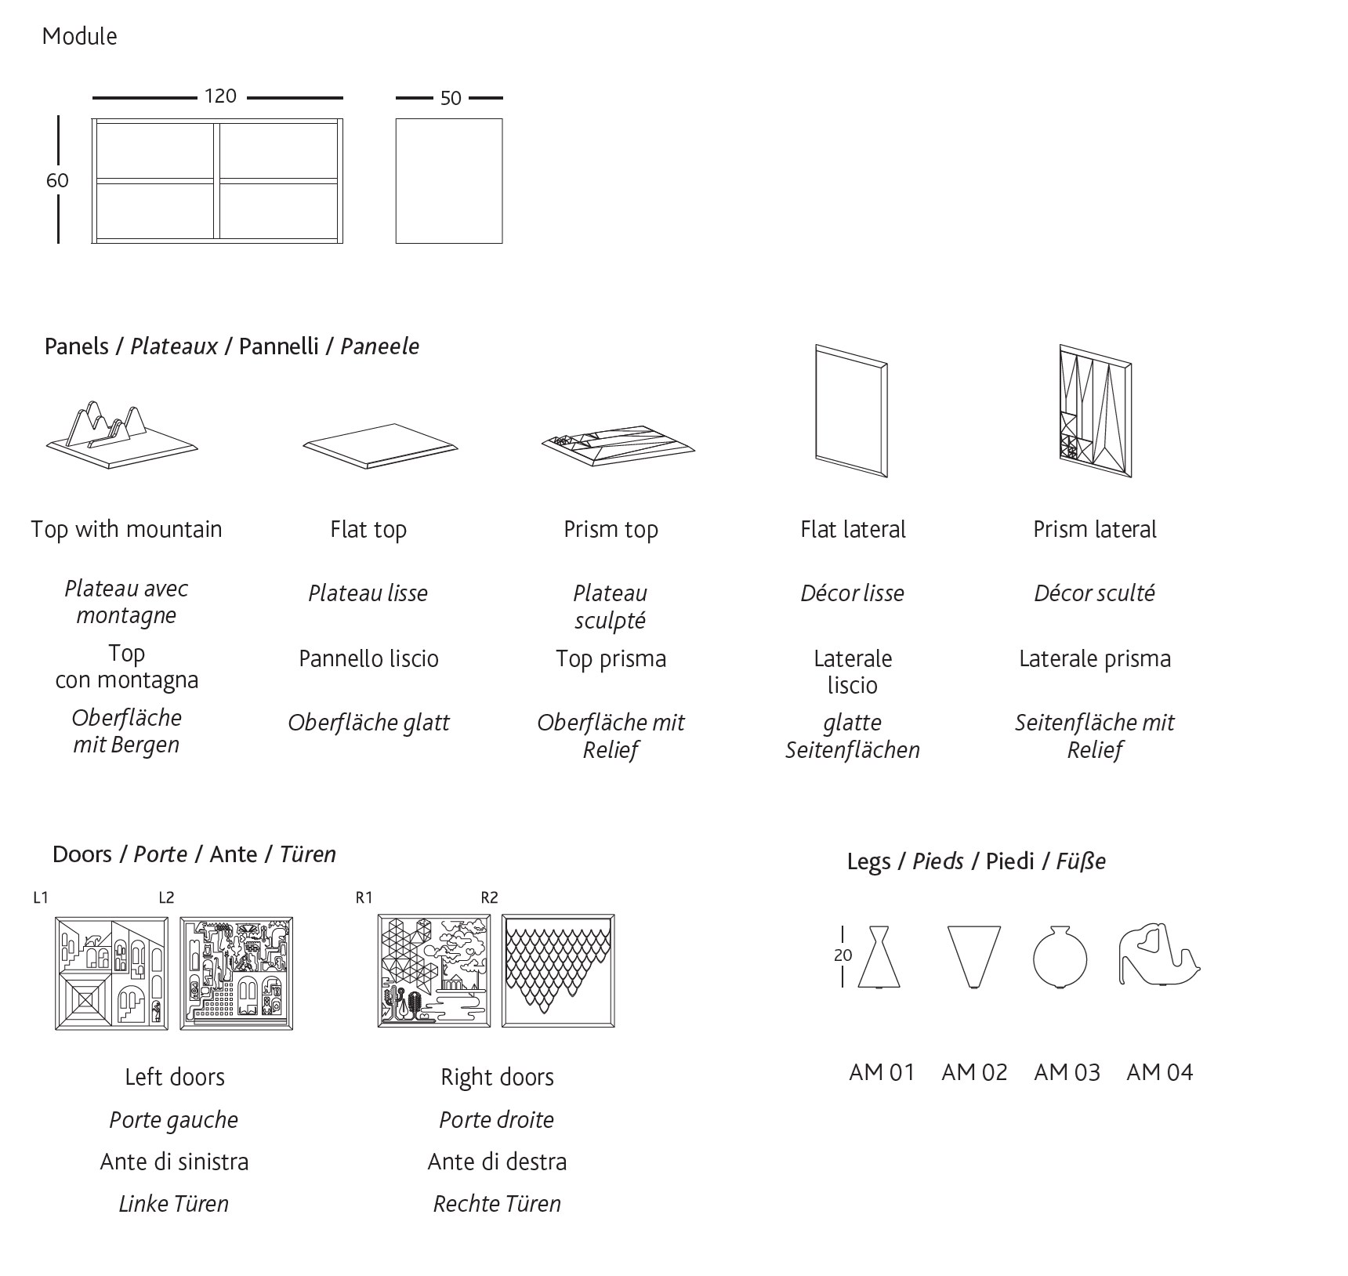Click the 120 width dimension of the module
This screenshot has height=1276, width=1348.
coord(220,96)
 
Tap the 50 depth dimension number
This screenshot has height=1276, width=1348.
coord(451,99)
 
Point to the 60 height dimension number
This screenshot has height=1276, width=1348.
coord(57,180)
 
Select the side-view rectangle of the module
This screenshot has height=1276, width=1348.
coord(449,181)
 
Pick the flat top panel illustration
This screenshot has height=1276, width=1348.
coord(380,446)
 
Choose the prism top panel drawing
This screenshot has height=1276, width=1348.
coord(618,445)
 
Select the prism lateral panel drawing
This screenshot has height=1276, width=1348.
coord(1096,411)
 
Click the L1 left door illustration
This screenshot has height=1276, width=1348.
coord(111,973)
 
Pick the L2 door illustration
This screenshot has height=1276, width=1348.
coord(237,973)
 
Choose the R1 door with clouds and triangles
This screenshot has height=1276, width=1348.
coord(434,970)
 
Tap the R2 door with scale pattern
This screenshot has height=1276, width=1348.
coord(558,970)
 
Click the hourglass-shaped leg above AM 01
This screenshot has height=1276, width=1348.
coord(879,956)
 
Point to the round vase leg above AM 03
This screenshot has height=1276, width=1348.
coord(1060,956)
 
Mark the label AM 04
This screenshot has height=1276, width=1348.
coord(1159,1072)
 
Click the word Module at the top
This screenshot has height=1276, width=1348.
coord(79,36)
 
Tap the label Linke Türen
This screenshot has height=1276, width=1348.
coord(173,1204)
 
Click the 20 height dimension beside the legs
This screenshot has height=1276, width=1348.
coord(842,955)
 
